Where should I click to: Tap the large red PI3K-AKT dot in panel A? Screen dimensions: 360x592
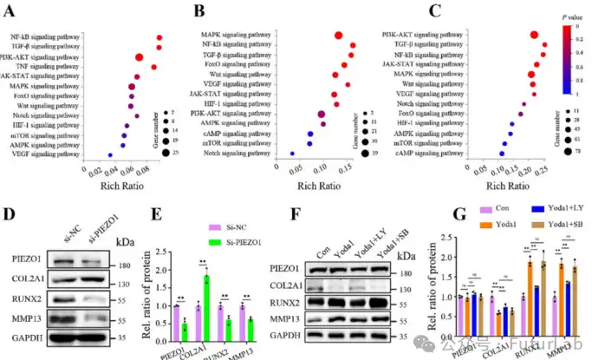coord(138,57)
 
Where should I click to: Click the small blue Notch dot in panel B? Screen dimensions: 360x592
coord(292,154)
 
